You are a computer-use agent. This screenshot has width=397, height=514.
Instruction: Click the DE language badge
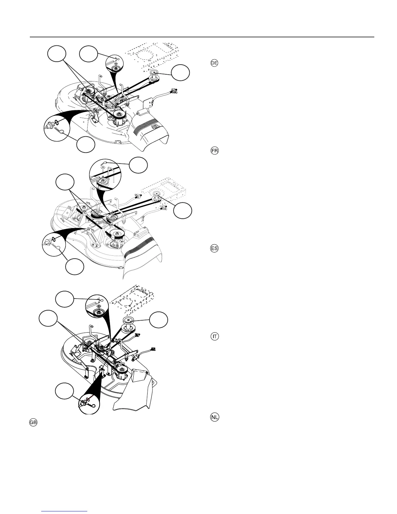(214, 63)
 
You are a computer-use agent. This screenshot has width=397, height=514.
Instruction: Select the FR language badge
(214, 151)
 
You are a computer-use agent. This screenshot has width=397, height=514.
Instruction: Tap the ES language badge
(214, 249)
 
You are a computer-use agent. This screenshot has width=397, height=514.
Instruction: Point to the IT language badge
(214, 337)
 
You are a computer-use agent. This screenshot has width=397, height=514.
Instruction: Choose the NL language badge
(214, 417)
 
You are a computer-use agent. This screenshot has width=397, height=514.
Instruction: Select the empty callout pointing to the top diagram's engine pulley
(181, 73)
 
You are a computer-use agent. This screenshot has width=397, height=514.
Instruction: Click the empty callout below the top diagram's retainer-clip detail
(86, 145)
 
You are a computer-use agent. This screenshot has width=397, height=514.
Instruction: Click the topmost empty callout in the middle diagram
(138, 165)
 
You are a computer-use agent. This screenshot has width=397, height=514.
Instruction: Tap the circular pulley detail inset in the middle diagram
(105, 176)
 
